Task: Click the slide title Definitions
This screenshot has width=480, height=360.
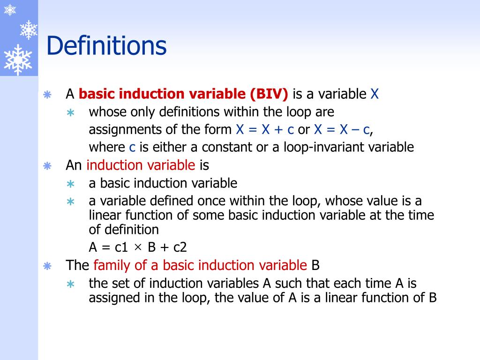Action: tap(106, 46)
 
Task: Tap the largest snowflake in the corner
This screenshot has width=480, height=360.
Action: tap(17, 60)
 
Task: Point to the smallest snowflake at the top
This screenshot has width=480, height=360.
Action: tap(10, 9)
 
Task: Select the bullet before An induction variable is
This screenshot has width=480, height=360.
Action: tap(47, 166)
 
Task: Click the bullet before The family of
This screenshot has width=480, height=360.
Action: tap(47, 266)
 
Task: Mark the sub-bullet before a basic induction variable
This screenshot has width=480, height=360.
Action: tap(70, 184)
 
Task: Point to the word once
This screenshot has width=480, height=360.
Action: tap(214, 201)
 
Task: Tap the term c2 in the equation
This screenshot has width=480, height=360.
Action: tap(180, 247)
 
